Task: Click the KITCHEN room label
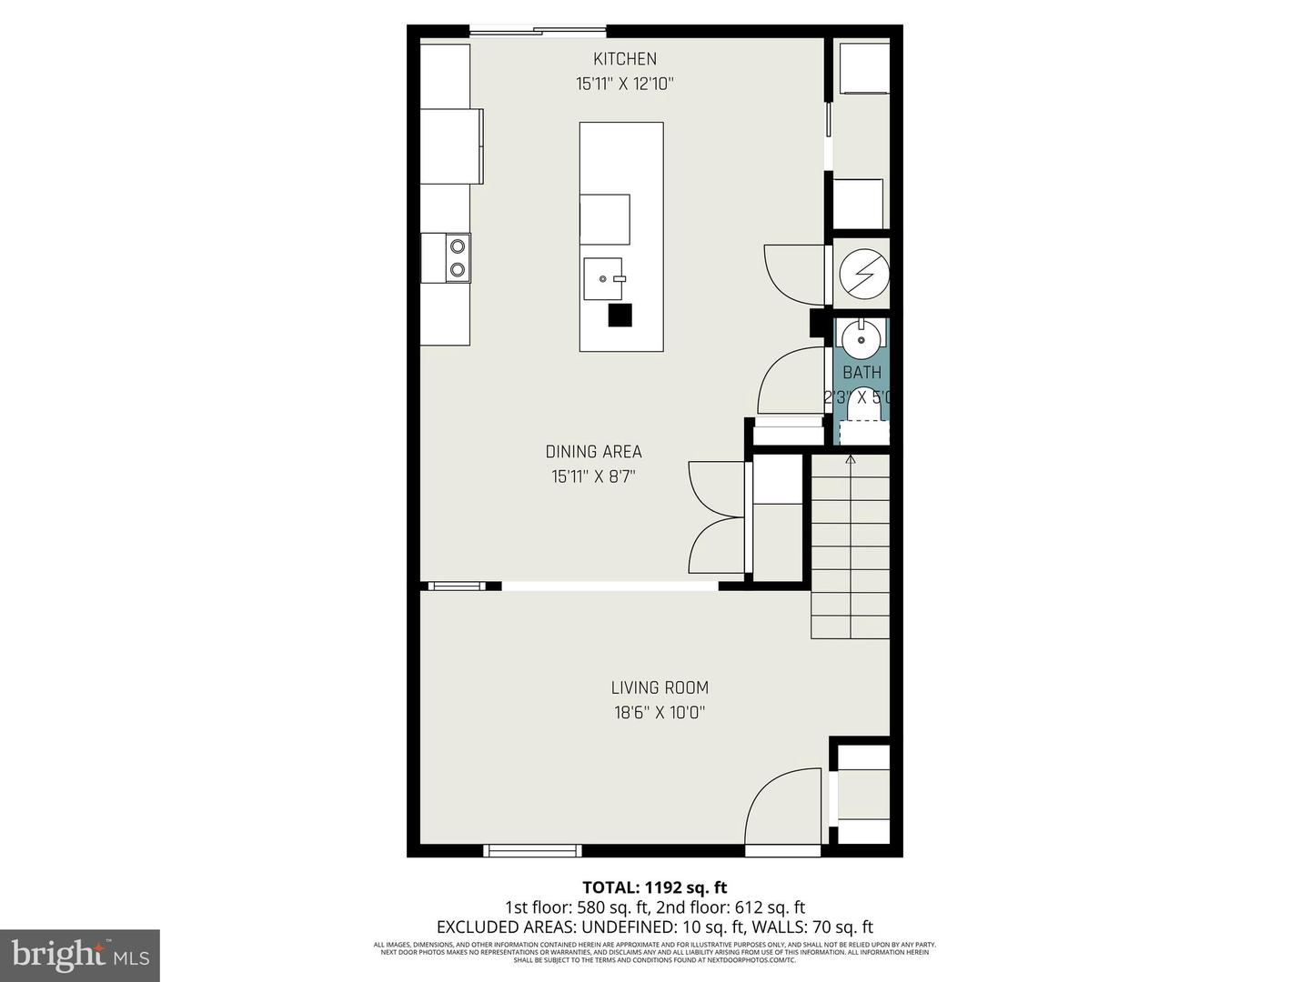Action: point(624,59)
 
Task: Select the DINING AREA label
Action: point(593,452)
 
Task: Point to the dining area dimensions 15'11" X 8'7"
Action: point(593,476)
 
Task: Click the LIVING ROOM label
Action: point(660,688)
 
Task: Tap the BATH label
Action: point(862,373)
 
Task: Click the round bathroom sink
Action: point(861,340)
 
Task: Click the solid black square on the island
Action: point(620,315)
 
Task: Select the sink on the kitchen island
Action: point(603,279)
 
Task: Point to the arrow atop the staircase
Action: point(851,460)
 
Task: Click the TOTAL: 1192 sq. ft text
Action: point(654,887)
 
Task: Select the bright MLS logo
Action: point(79,955)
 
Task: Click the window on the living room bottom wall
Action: point(532,851)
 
